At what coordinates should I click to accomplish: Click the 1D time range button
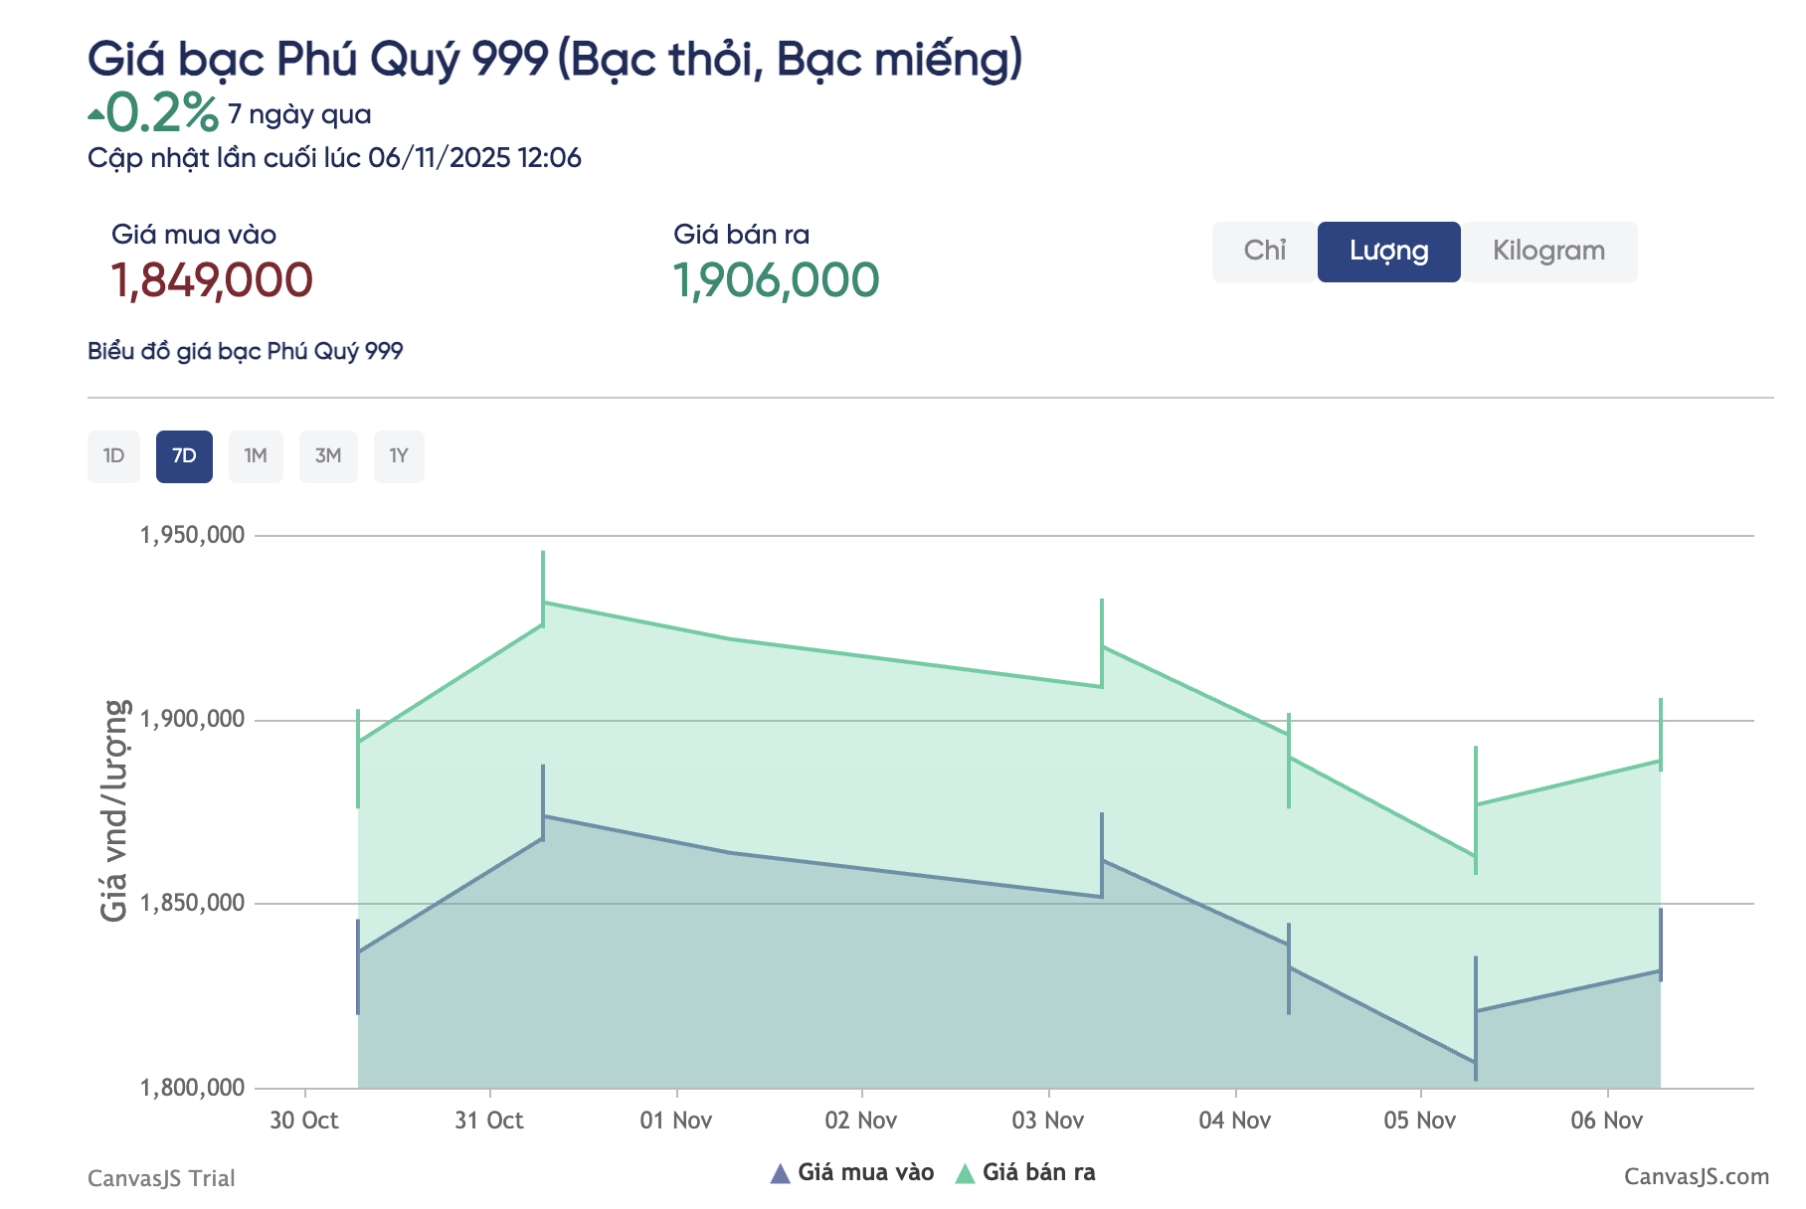[x=113, y=456]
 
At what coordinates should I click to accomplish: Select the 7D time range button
[x=184, y=456]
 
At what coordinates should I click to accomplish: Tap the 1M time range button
[x=256, y=456]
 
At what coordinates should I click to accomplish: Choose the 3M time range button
[x=328, y=456]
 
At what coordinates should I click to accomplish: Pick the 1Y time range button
[x=399, y=456]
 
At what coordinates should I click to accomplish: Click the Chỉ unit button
[x=1265, y=252]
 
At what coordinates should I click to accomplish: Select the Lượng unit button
[x=1388, y=252]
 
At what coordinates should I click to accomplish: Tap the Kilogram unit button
[x=1548, y=252]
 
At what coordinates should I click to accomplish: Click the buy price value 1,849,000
[x=212, y=280]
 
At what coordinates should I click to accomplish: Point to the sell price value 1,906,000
[x=776, y=280]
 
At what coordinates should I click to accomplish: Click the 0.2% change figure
[x=161, y=112]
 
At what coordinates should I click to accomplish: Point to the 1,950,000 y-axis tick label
[x=193, y=535]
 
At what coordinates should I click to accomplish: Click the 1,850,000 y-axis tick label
[x=193, y=903]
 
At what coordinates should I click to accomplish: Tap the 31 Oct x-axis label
[x=489, y=1121]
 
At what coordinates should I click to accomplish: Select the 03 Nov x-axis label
[x=1048, y=1121]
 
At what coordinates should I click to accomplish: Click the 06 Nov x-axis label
[x=1607, y=1121]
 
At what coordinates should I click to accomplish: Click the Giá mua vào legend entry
[x=853, y=1173]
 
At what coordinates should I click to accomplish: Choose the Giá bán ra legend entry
[x=1026, y=1173]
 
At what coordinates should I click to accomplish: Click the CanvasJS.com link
[x=1697, y=1177]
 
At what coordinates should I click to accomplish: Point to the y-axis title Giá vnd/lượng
[x=115, y=810]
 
